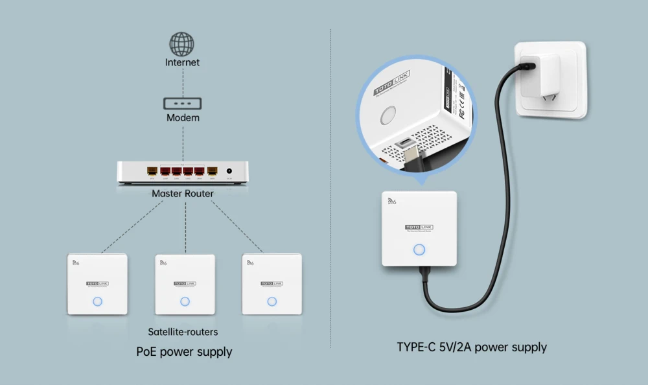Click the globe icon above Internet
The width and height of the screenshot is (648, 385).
click(x=182, y=43)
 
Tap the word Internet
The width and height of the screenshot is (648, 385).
click(x=182, y=63)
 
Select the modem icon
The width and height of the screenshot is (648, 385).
click(x=182, y=103)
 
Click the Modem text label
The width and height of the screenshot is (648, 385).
click(x=183, y=118)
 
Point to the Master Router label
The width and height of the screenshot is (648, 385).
click(x=182, y=193)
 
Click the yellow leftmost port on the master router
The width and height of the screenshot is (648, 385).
click(x=152, y=172)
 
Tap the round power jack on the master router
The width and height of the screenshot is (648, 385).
click(x=229, y=172)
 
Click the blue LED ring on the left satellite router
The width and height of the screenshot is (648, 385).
click(x=98, y=301)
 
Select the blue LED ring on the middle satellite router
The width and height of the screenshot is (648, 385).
click(x=185, y=301)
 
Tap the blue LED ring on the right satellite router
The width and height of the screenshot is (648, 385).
click(x=272, y=301)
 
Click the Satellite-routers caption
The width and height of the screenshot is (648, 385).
click(x=183, y=332)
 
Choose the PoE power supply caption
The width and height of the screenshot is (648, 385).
click(x=184, y=352)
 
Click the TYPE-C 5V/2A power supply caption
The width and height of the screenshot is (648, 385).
click(x=472, y=347)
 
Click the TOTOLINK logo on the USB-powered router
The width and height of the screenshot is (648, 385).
click(x=419, y=227)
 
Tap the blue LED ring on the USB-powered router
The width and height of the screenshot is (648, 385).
click(x=419, y=250)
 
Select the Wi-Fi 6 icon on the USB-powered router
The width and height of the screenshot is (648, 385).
click(x=391, y=202)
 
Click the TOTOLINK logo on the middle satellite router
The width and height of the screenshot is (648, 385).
click(x=185, y=283)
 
